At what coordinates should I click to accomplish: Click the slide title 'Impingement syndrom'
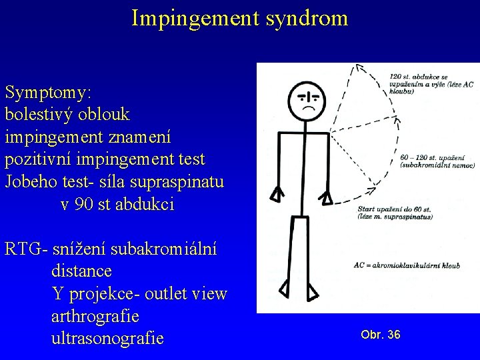point(239,18)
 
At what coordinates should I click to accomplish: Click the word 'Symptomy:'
point(49,92)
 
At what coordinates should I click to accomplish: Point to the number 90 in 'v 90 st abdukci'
point(84,205)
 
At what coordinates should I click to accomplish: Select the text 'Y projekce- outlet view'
point(139,294)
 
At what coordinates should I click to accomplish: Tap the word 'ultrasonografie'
point(107,338)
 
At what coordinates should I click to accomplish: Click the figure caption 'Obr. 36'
point(381,335)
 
